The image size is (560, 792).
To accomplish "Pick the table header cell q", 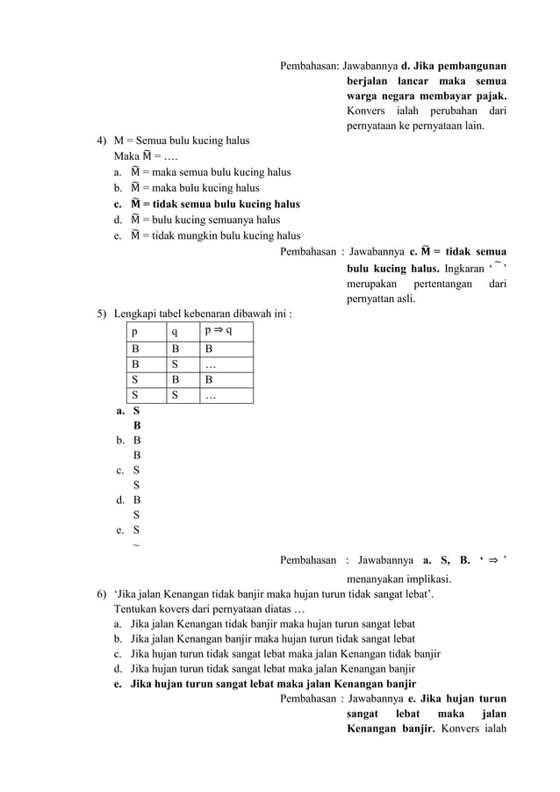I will pyautogui.click(x=175, y=332).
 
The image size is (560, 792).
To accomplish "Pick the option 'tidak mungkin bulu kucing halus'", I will pyautogui.click(x=215, y=235).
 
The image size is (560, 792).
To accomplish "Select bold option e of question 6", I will pyautogui.click(x=272, y=684).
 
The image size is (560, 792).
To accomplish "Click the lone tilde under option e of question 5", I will pyautogui.click(x=135, y=545).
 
